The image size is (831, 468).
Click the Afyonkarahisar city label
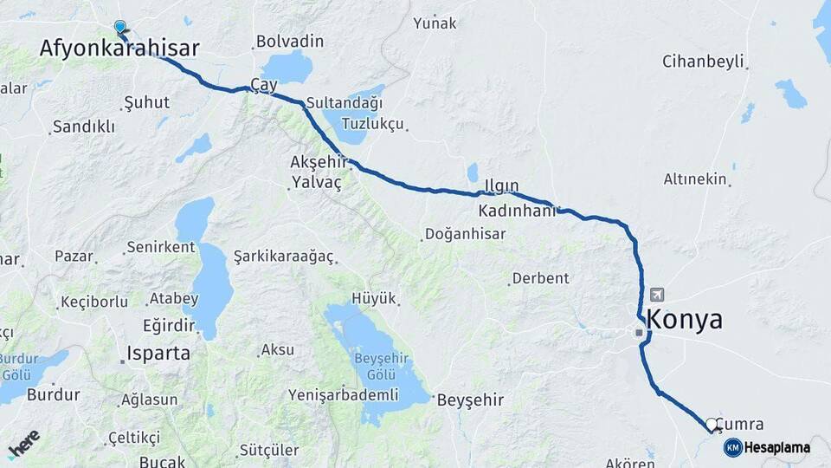119,49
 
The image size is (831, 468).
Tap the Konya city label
684,319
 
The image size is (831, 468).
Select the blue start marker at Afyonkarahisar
119,27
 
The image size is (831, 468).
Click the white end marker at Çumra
712,424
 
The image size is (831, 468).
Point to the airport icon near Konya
657,295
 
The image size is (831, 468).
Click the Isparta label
158,353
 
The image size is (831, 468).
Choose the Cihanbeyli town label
703,62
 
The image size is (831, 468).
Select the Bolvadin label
289,42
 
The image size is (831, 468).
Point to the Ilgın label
501,185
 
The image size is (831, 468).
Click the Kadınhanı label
517,211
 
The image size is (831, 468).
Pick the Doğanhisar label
461,235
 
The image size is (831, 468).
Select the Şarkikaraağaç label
283,257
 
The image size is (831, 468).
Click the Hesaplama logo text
776,448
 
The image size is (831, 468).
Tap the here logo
23,444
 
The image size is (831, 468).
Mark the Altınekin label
695,179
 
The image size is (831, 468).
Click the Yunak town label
435,23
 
